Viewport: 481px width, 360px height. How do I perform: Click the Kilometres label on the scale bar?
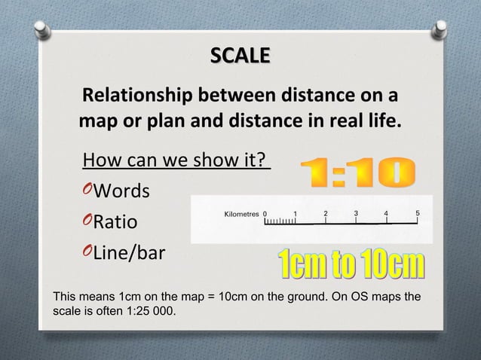coord(242,214)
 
